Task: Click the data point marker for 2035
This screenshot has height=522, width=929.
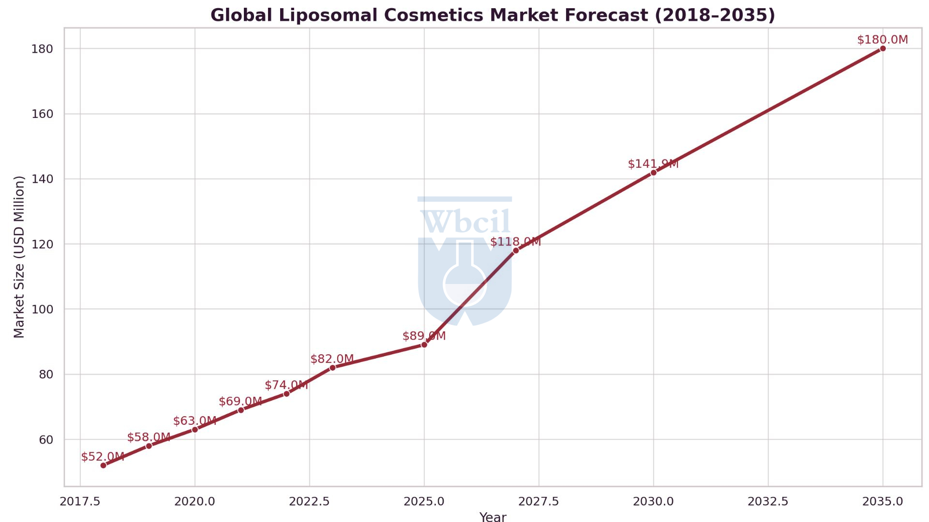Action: pos(883,48)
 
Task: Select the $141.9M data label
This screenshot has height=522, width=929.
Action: pos(653,164)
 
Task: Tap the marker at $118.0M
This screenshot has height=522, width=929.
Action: pos(516,250)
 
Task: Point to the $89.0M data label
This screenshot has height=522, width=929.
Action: pos(424,336)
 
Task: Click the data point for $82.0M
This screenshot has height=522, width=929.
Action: pos(332,368)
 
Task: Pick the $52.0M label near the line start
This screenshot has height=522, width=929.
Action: pos(103,457)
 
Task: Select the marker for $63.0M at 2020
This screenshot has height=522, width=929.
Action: pos(195,429)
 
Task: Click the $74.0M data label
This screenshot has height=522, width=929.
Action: pos(286,385)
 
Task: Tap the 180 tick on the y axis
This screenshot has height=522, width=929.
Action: pos(42,49)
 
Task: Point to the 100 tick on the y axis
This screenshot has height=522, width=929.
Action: pos(42,309)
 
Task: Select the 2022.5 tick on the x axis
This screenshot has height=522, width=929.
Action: pos(309,501)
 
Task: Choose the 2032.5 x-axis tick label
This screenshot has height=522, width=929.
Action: pos(768,501)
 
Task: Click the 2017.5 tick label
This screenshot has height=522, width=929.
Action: pos(80,501)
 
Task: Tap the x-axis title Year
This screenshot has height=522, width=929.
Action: pos(493,517)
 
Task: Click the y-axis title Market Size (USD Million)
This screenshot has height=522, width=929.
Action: pos(19,257)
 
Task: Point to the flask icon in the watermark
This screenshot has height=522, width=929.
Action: pos(464,275)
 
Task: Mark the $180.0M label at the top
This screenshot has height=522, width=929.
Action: pos(882,40)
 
